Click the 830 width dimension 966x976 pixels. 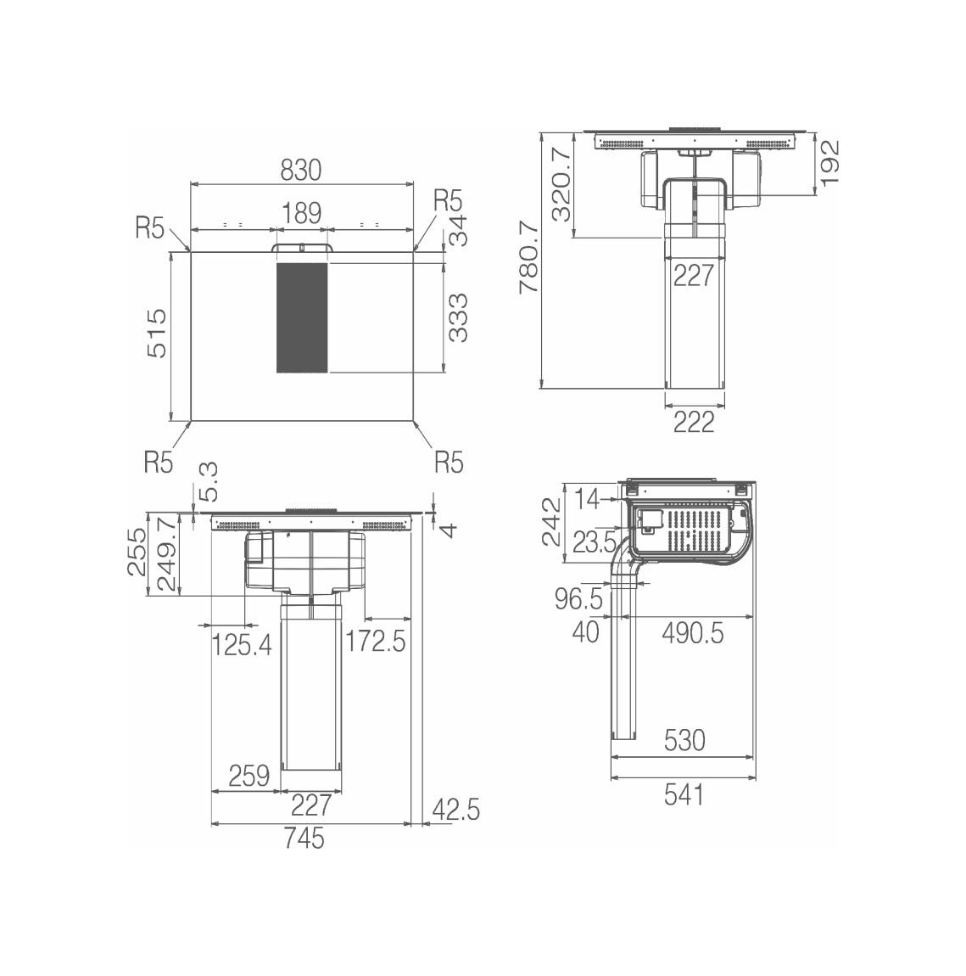[301, 170]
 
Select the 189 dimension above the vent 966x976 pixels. [302, 214]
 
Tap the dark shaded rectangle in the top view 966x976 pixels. [302, 317]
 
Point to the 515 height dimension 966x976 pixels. [157, 333]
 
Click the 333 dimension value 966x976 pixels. [458, 317]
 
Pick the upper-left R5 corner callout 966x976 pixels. [150, 228]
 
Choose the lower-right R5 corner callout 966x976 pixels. [449, 463]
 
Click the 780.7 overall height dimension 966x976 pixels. [528, 255]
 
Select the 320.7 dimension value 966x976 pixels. [561, 184]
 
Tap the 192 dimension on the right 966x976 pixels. [829, 163]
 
